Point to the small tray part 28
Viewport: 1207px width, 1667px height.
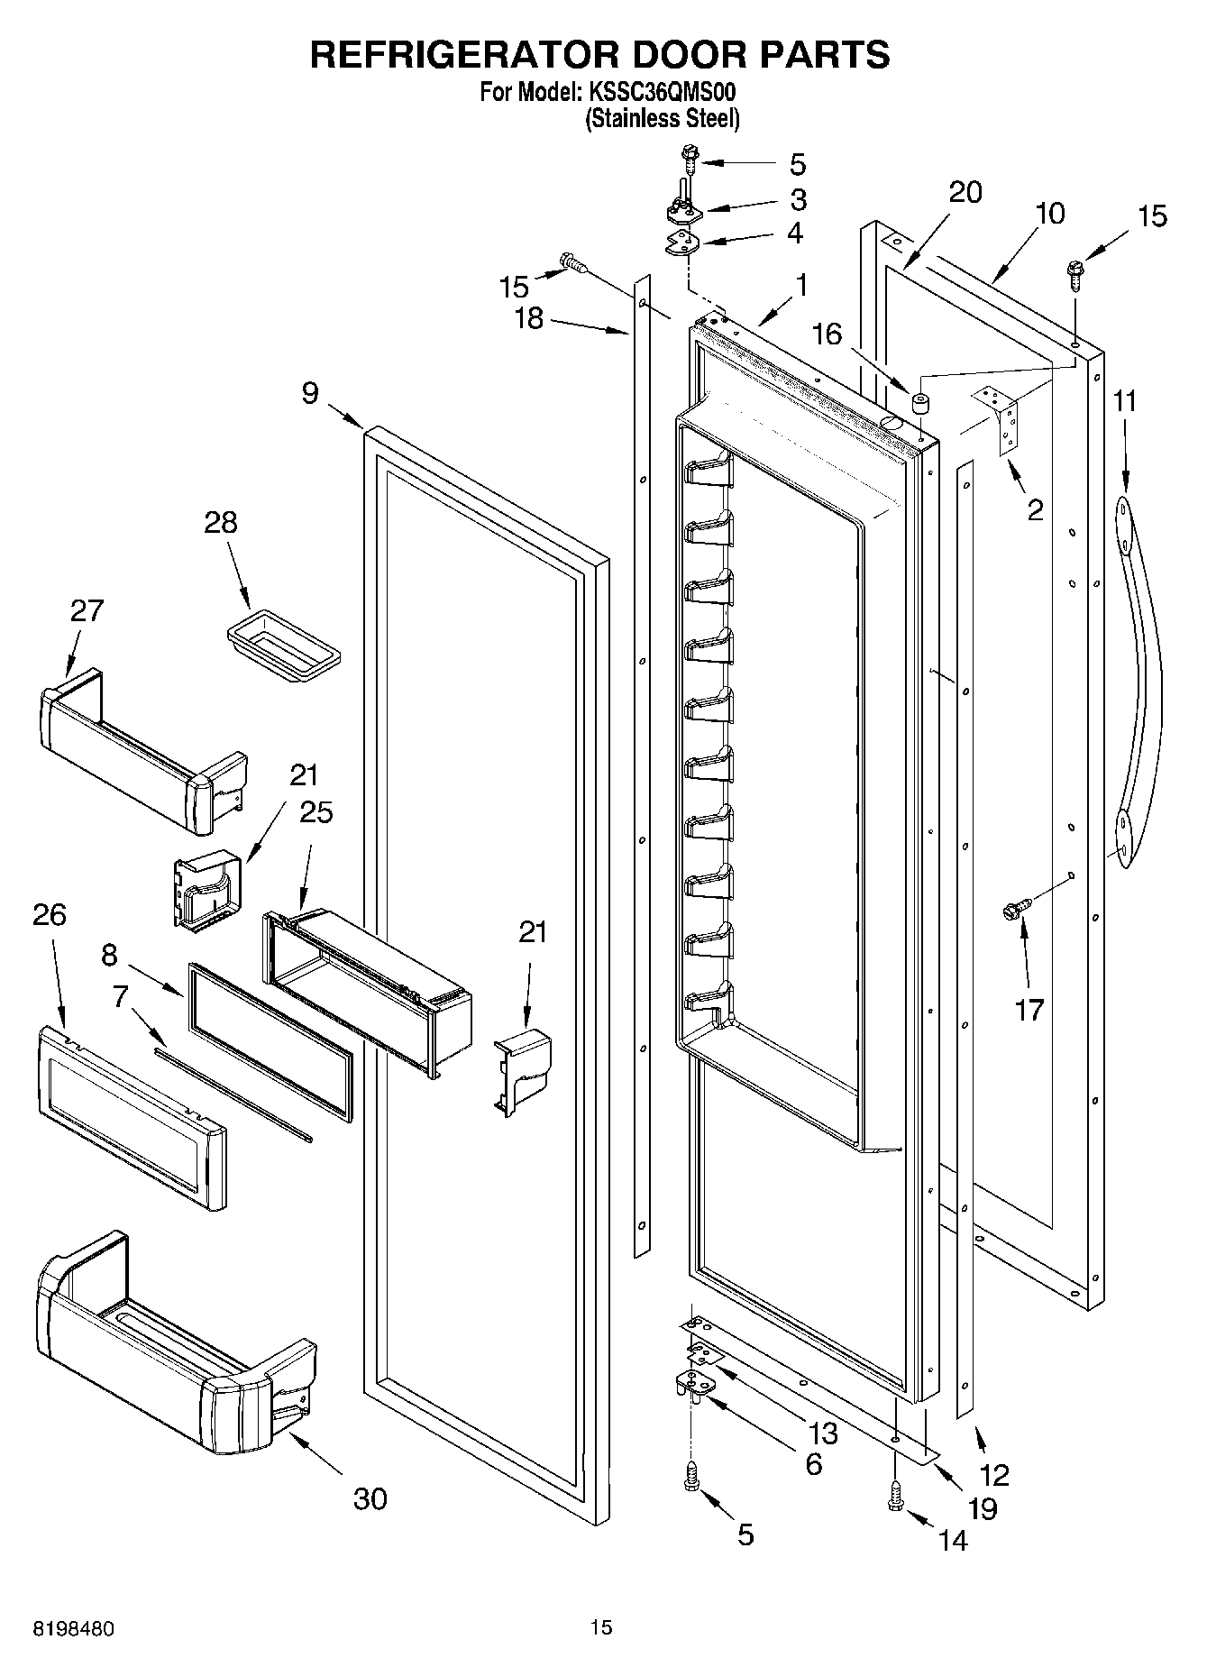(282, 641)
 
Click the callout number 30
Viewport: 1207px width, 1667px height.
(370, 1498)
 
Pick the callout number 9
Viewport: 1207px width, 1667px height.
(310, 393)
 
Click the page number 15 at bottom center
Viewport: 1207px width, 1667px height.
(601, 1627)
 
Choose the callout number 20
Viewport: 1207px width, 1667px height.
(965, 192)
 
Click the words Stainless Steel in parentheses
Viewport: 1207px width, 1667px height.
(663, 118)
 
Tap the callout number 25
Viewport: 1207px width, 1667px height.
(316, 811)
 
